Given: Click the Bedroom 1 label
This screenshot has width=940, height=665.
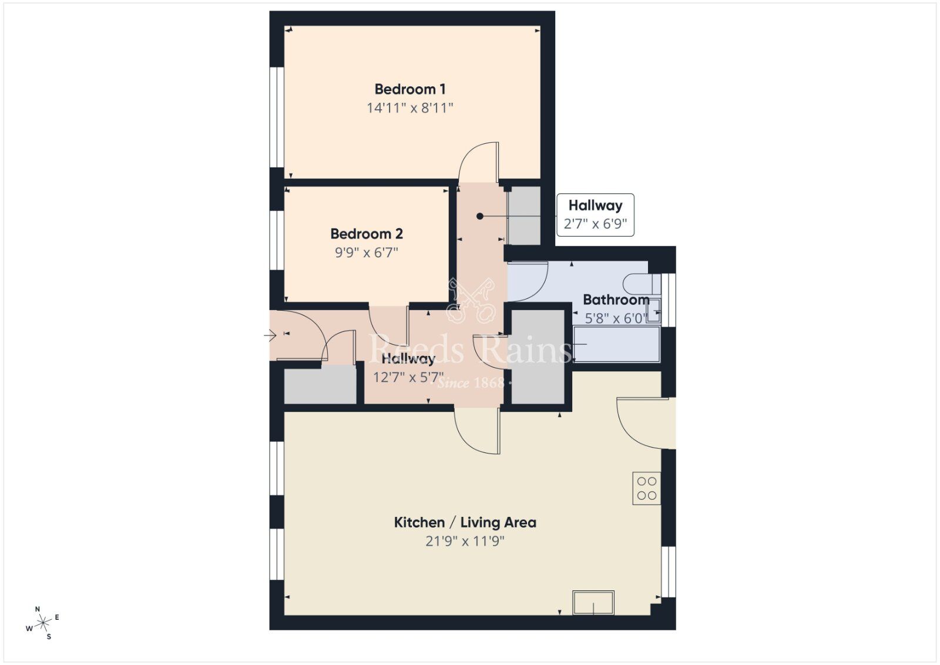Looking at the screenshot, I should point(410,89).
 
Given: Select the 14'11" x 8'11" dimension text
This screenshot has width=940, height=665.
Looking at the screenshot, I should point(410,108).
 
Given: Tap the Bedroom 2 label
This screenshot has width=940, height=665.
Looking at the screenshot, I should point(367,234).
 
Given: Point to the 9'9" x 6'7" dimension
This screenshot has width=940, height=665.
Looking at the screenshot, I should point(367,253).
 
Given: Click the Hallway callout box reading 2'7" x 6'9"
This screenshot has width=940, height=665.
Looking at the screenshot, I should point(595,214).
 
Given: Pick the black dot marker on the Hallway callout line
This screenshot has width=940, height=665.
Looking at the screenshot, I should point(480,216).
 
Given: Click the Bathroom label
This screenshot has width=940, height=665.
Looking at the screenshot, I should point(616,300).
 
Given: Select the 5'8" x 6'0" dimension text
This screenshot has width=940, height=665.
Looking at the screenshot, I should point(616,318).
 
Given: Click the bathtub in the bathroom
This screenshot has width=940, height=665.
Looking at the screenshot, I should point(617,344).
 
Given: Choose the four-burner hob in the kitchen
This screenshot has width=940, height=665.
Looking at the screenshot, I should point(646,488).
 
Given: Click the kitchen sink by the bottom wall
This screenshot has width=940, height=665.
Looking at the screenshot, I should point(593,603).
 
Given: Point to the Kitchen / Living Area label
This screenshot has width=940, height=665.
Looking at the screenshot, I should point(465,522).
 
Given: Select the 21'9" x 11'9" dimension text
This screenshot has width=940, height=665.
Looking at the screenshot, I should point(465,541).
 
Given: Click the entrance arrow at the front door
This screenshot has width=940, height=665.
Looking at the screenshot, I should point(270,336).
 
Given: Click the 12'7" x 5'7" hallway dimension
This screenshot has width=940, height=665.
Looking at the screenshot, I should point(408,377).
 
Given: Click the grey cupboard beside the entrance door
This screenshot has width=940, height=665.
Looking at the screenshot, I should point(320,385).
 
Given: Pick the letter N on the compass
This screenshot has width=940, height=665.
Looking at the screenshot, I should point(38,609).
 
